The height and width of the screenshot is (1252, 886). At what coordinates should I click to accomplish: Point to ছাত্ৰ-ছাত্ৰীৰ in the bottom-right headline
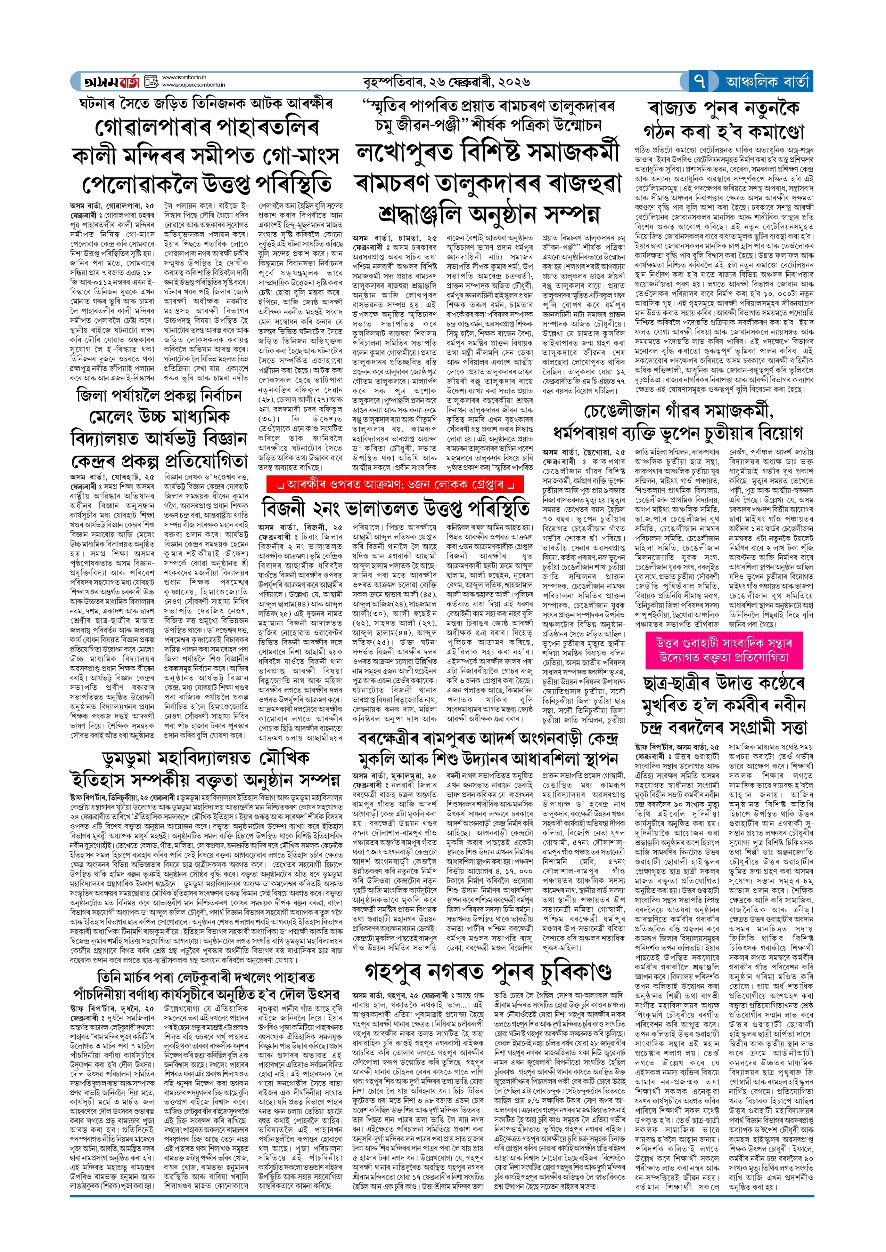681,684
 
